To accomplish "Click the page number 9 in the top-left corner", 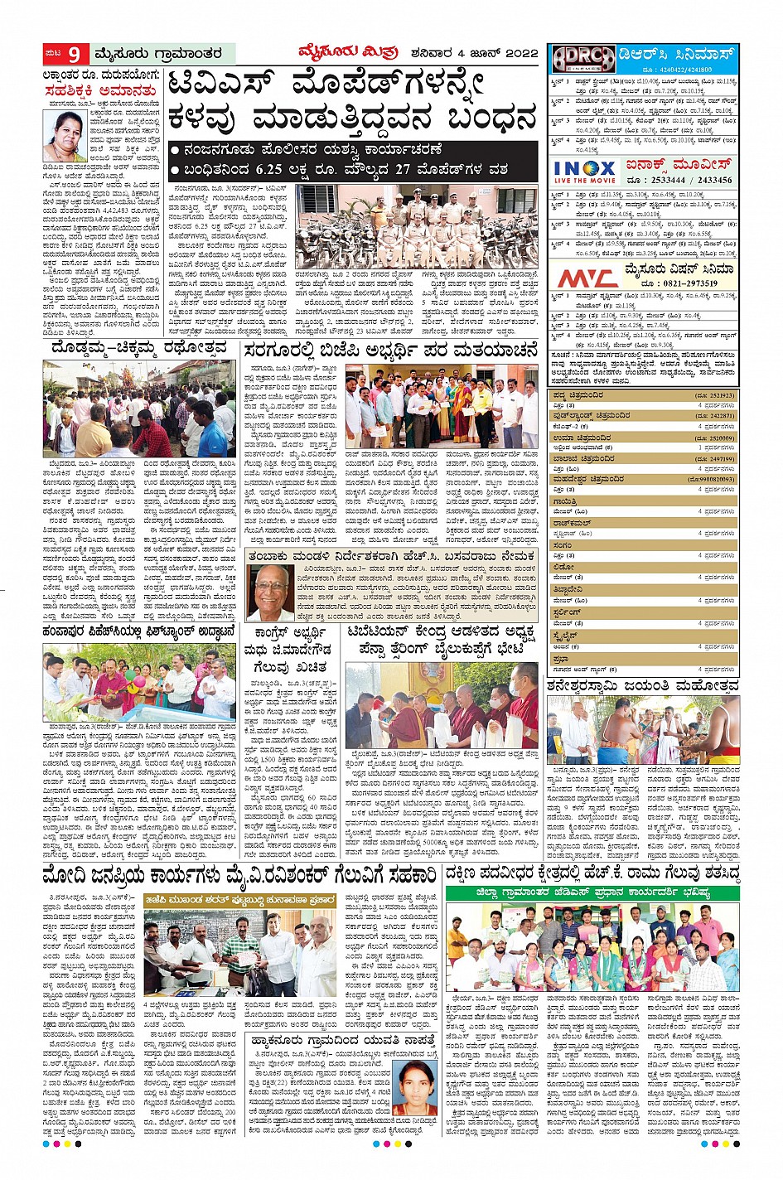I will [x=74, y=55].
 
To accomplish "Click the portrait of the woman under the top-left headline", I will [x=65, y=136].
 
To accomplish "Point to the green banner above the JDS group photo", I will [x=592, y=892].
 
